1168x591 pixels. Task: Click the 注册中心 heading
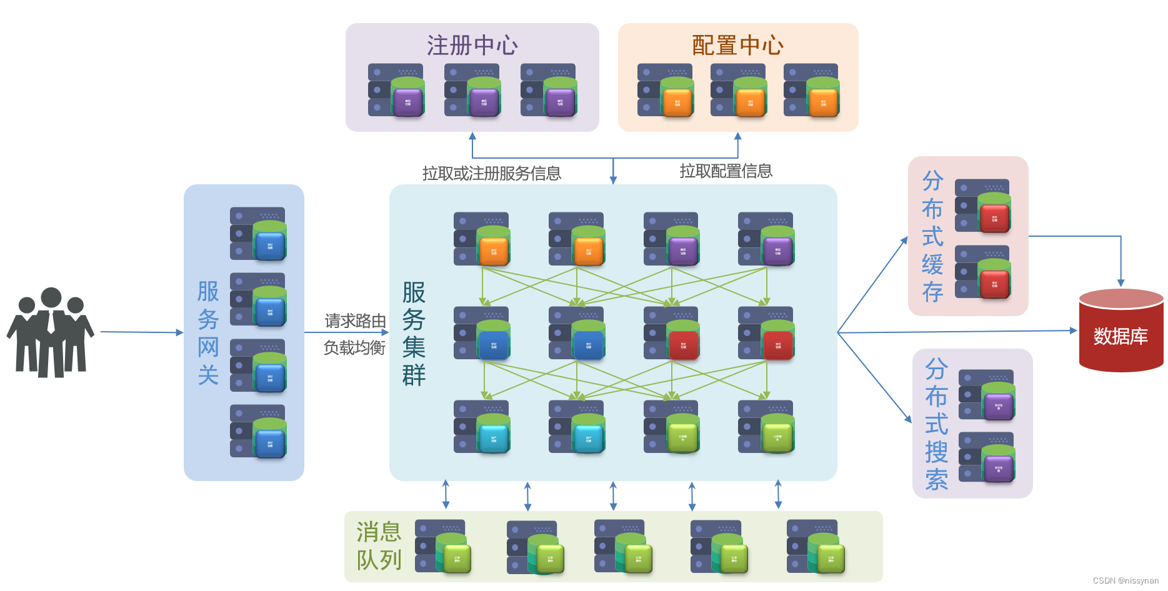[x=472, y=46]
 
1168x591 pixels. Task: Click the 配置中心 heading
[x=737, y=46]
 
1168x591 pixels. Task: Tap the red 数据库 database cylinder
[x=1121, y=331]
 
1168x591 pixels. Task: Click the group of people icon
[x=50, y=332]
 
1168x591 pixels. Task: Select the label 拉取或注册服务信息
[x=491, y=173]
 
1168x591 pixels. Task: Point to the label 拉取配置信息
[x=726, y=171]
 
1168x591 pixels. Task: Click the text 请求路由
[x=355, y=321]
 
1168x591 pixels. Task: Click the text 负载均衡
[x=354, y=347]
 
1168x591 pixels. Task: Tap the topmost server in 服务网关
[x=258, y=234]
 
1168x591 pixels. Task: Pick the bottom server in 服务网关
[x=258, y=431]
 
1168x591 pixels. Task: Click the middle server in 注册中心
[x=472, y=91]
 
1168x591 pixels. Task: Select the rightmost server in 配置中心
[x=811, y=91]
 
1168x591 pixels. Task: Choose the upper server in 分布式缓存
[x=982, y=206]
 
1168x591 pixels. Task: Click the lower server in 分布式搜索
[x=986, y=458]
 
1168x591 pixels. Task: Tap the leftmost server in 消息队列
[x=442, y=546]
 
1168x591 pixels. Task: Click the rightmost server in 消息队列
[x=815, y=546]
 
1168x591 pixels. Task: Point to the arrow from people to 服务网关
[x=141, y=332]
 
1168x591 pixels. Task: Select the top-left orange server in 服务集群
[x=481, y=239]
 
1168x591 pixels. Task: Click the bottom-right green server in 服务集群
[x=766, y=427]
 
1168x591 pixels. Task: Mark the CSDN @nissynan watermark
[x=1126, y=581]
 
